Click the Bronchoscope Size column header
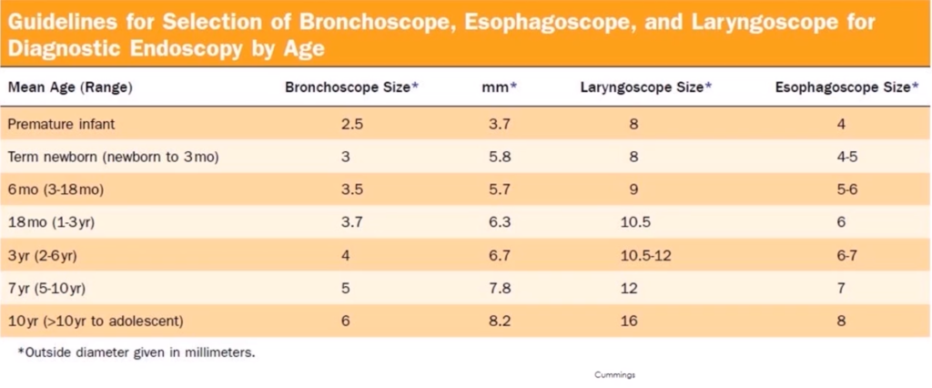pos(351,88)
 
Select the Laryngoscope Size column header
pos(645,88)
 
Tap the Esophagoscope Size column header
pos(842,88)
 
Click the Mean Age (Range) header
pos(71,88)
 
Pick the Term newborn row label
pos(113,157)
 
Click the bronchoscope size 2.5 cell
pos(351,123)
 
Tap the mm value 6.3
pos(499,221)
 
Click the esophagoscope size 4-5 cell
pos(846,157)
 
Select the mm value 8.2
pos(499,321)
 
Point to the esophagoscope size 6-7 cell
pos(846,255)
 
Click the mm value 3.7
pos(499,123)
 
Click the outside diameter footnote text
pos(136,352)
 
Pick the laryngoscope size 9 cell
pos(633,189)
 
